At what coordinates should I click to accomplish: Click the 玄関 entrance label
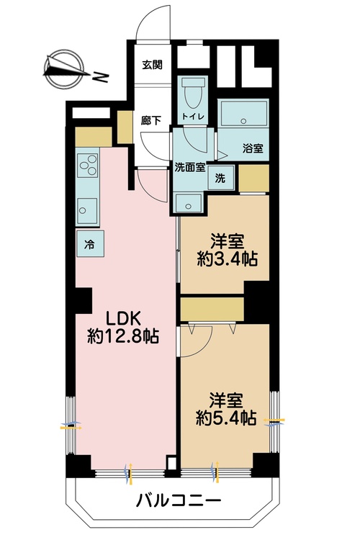152,64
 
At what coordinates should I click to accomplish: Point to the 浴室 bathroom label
252,148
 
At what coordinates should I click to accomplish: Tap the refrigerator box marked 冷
90,243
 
